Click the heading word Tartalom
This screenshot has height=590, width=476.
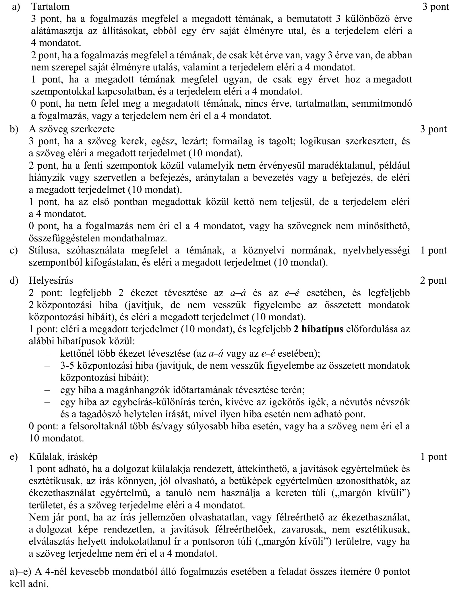tap(50, 6)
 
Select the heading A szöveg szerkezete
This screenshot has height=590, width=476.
tap(71, 129)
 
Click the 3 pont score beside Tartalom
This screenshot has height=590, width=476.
tap(436, 6)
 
